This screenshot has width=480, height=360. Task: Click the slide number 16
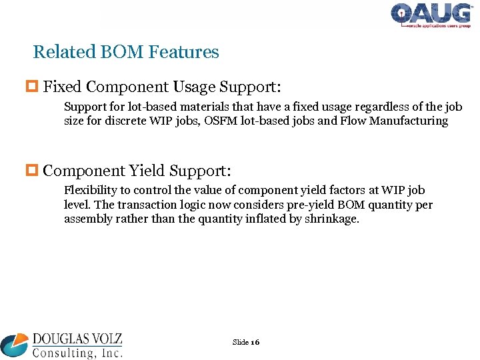point(255,342)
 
